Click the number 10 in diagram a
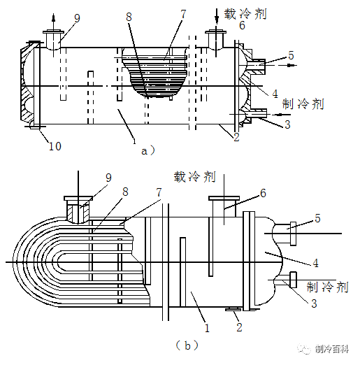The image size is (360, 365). [55, 146]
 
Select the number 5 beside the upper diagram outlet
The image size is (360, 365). [291, 55]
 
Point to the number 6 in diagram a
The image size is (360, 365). [242, 26]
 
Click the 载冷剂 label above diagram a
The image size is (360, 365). [245, 13]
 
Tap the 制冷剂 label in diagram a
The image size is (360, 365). [303, 103]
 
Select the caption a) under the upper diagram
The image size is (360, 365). [148, 150]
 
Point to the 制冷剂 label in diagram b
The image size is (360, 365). [327, 287]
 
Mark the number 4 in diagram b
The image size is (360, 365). [315, 263]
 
